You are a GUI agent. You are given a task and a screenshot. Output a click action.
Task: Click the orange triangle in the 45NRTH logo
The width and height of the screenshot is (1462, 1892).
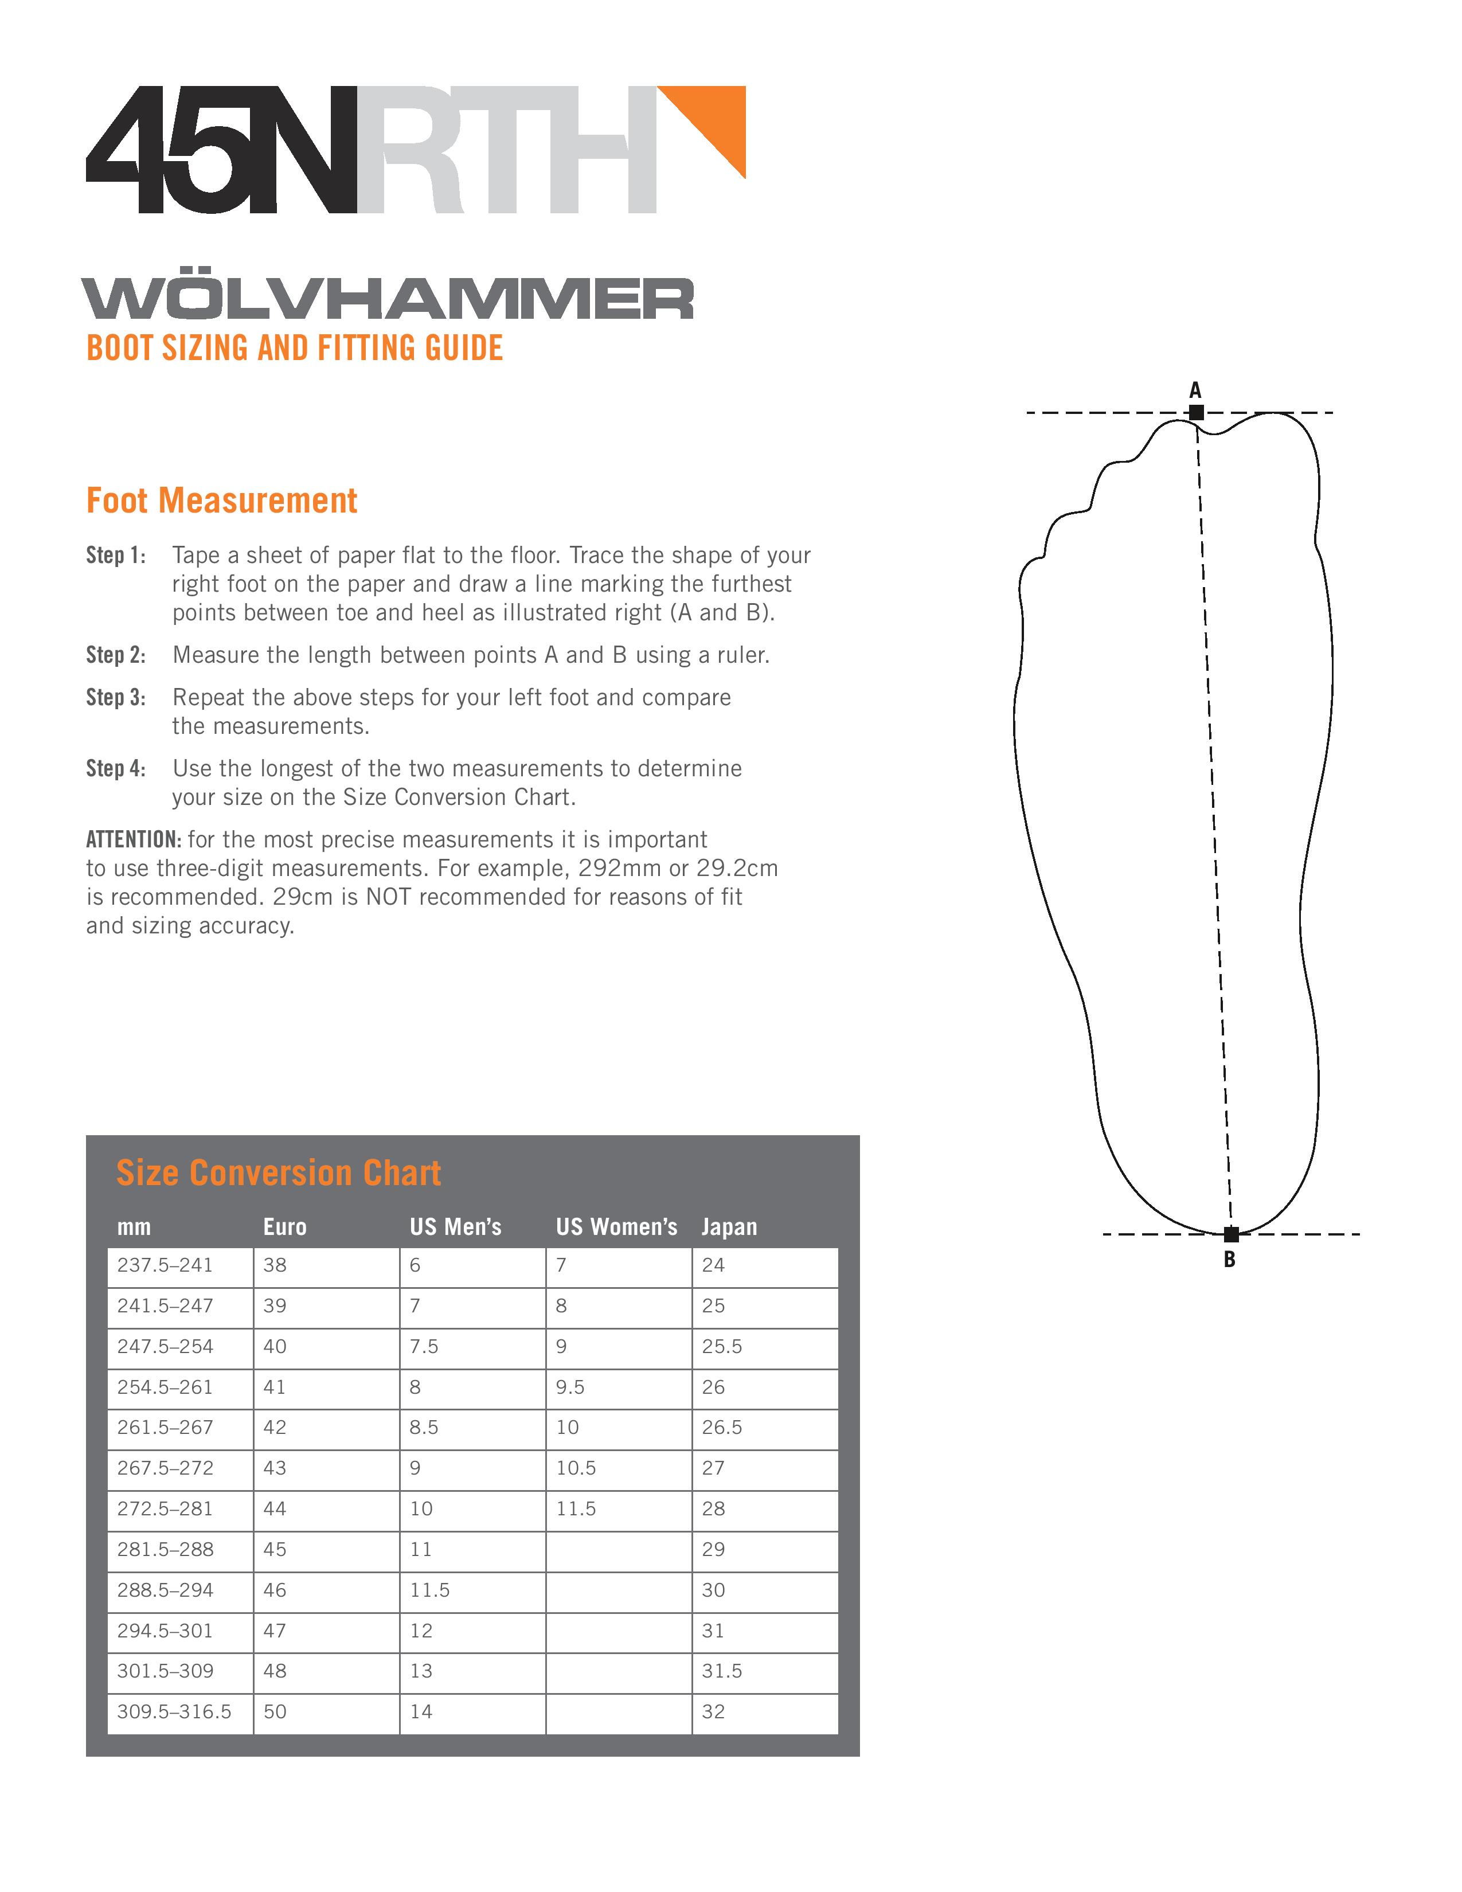(x=714, y=122)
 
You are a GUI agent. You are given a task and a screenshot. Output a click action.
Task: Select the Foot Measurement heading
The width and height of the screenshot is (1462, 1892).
(x=222, y=501)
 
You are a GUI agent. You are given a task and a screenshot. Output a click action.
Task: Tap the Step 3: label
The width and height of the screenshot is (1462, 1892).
(x=115, y=697)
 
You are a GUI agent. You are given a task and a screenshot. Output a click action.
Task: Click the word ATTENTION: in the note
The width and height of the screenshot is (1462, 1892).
(x=134, y=839)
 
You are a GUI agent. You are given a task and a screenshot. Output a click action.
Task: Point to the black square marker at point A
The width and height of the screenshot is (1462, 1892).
(x=1196, y=412)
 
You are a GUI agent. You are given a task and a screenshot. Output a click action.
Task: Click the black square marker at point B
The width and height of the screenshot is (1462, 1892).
(x=1231, y=1234)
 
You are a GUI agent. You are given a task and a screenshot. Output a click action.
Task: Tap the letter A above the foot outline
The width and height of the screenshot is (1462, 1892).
(x=1195, y=390)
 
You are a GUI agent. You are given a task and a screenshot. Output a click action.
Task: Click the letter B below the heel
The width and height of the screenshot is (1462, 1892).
(x=1229, y=1260)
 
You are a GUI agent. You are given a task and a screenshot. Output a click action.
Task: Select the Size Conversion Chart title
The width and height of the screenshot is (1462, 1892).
(x=278, y=1173)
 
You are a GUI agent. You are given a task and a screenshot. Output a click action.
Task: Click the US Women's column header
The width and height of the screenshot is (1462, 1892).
(x=616, y=1227)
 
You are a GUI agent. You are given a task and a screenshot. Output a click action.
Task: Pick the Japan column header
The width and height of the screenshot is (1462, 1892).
(x=729, y=1227)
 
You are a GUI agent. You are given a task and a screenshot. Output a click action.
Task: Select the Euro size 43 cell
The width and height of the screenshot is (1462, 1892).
(x=275, y=1468)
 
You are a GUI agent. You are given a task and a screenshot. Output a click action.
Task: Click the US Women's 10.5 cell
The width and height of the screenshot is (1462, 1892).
(x=576, y=1468)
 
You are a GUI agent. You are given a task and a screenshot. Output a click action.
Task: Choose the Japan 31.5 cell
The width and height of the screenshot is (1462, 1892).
(x=721, y=1671)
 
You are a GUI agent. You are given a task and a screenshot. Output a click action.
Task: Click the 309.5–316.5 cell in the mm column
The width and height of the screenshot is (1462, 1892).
(x=174, y=1712)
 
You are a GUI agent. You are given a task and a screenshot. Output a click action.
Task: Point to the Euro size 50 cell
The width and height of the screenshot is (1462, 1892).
(x=275, y=1712)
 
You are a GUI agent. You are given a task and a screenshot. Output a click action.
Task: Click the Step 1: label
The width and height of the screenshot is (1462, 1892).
(x=115, y=556)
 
